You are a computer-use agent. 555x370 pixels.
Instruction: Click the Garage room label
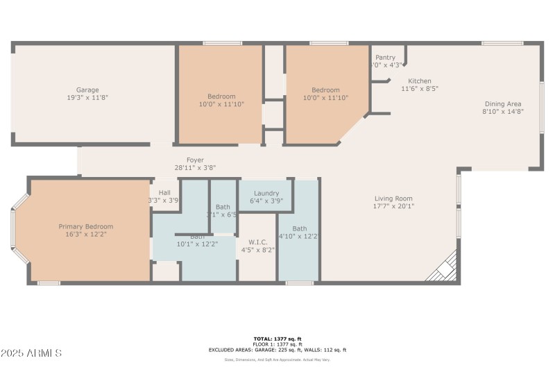click(x=87, y=90)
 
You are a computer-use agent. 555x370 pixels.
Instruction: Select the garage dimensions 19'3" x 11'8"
click(x=87, y=98)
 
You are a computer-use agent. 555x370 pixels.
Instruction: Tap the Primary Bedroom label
click(x=85, y=226)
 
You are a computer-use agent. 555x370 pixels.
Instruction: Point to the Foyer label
click(x=195, y=160)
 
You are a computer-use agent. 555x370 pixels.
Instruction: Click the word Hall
click(x=164, y=193)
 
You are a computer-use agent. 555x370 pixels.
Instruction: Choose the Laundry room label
click(x=266, y=193)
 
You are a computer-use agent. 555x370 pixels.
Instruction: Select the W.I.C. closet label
click(x=257, y=242)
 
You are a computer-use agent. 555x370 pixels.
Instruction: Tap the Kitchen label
click(x=420, y=81)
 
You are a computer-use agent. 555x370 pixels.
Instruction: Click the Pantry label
click(x=385, y=58)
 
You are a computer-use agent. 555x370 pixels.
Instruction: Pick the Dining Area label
click(x=503, y=103)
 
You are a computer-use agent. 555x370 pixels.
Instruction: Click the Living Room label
click(x=393, y=199)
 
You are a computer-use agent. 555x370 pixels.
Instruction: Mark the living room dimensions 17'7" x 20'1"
click(x=393, y=206)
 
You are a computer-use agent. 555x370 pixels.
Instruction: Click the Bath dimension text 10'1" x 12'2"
click(x=197, y=244)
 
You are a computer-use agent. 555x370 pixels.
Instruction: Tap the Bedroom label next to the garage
click(x=221, y=96)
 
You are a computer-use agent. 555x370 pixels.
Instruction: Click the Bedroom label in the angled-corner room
click(x=325, y=90)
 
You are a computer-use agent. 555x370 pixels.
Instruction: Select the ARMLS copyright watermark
click(x=32, y=353)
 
